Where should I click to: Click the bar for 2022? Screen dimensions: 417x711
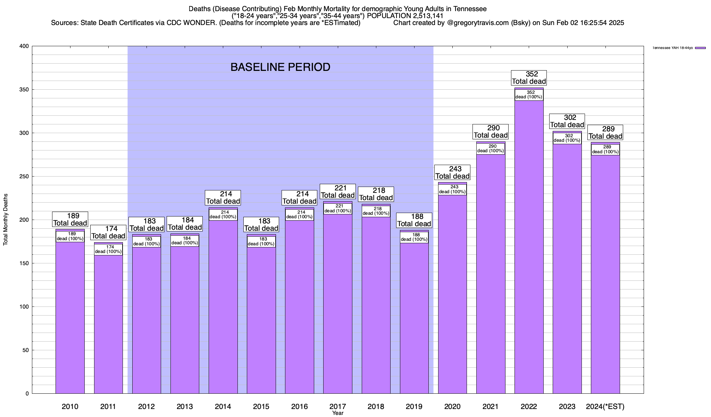click(x=529, y=243)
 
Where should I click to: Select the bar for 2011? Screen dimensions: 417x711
click(x=108, y=323)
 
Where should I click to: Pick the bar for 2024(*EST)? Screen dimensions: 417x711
click(x=605, y=271)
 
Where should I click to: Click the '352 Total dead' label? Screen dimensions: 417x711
click(x=529, y=78)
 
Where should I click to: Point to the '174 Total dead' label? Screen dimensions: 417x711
click(x=108, y=232)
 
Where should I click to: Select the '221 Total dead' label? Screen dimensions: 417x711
click(x=338, y=191)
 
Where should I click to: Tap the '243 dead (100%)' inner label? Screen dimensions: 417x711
click(x=452, y=189)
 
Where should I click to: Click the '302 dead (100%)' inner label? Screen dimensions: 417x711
click(x=567, y=138)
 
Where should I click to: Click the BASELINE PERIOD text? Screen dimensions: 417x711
click(x=280, y=67)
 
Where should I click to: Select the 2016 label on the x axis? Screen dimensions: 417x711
click(x=299, y=407)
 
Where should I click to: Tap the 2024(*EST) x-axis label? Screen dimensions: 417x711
click(x=605, y=407)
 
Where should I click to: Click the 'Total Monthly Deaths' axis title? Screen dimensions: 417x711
click(x=6, y=220)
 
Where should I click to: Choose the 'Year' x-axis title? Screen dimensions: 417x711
click(x=337, y=413)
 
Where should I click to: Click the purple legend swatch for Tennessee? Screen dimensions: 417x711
click(x=700, y=48)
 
